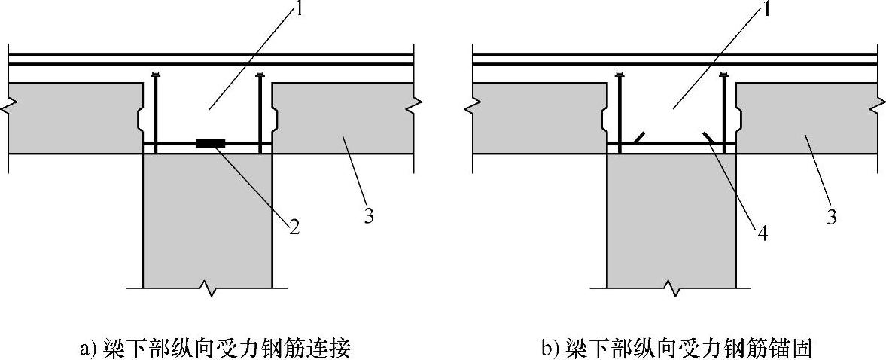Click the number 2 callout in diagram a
294,227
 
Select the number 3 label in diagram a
369,217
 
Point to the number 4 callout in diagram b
762,233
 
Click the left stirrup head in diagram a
154,75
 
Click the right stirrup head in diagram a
260,75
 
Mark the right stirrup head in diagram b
723,75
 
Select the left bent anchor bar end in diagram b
638,136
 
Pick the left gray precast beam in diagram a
75,117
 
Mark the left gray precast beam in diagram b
538,117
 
